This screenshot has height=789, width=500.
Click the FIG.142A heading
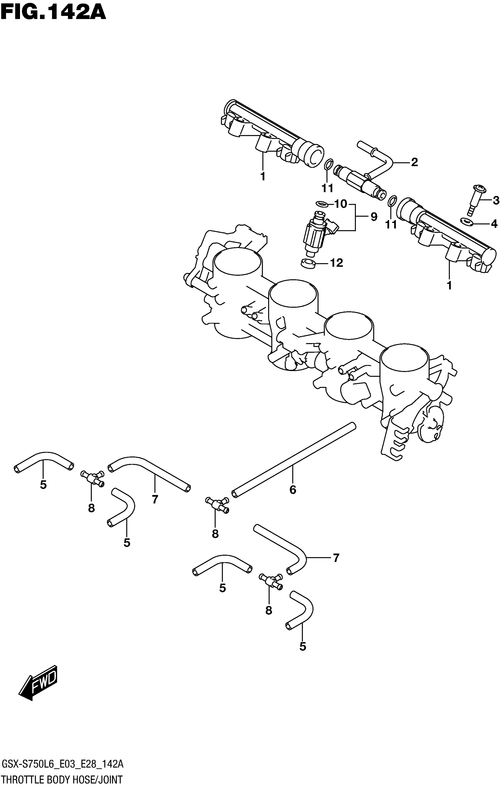click(53, 12)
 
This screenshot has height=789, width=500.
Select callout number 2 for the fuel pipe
click(414, 162)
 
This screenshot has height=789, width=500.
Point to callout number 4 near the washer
click(494, 224)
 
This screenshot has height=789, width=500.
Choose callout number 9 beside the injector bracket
click(374, 216)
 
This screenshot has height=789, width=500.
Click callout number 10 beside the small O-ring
click(341, 204)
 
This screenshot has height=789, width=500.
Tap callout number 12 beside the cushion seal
click(336, 263)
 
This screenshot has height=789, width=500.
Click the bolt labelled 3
click(474, 200)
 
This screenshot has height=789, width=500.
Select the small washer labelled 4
click(466, 221)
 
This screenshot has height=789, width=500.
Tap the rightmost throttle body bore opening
click(404, 358)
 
